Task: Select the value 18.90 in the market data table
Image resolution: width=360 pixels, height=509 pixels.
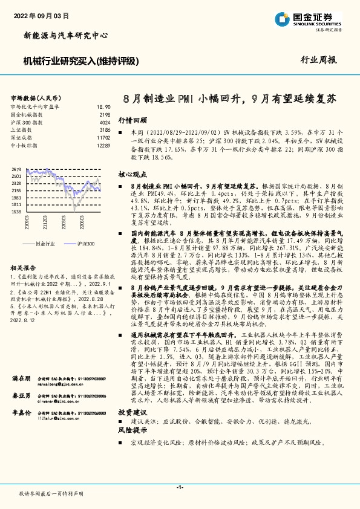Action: pos(103,106)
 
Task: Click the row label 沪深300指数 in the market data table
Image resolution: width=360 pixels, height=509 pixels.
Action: pos(25,122)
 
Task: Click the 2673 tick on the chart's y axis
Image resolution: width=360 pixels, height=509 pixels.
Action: pos(16,169)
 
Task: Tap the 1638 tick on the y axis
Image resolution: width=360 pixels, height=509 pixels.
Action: pos(16,212)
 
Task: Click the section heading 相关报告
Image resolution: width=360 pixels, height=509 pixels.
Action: pos(25,267)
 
